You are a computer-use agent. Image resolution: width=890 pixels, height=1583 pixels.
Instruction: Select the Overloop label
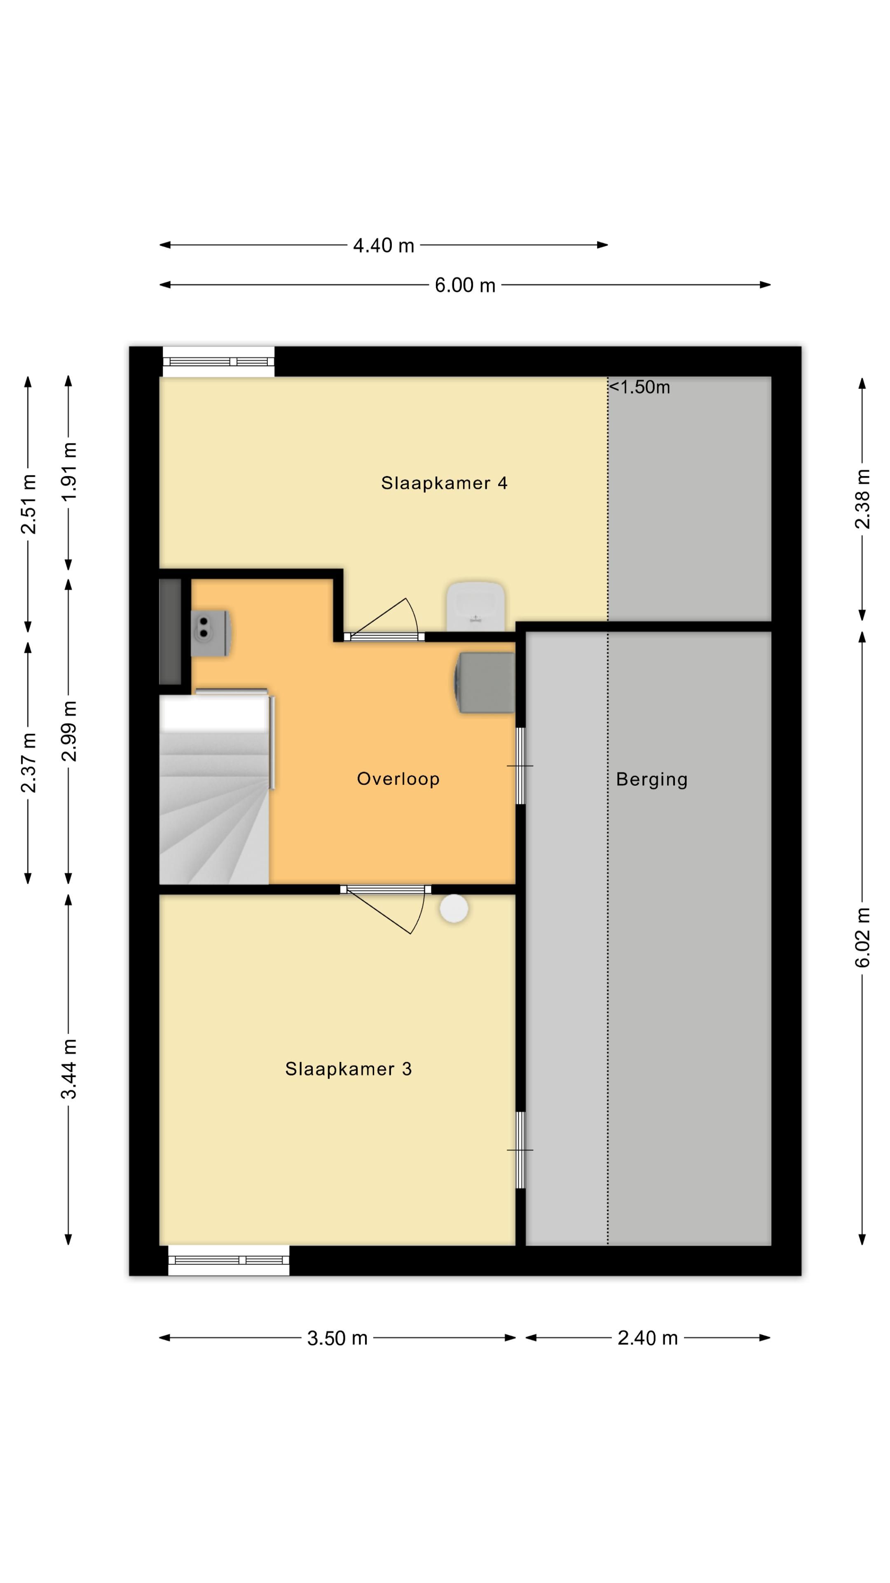click(x=398, y=779)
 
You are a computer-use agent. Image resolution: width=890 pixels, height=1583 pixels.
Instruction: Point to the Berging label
click(x=652, y=779)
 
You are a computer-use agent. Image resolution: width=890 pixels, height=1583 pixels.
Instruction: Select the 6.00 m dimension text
click(x=465, y=285)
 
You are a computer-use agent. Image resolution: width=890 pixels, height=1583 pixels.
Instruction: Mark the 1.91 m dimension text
click(x=69, y=471)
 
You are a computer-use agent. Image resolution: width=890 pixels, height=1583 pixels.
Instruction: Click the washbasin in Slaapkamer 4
click(x=475, y=606)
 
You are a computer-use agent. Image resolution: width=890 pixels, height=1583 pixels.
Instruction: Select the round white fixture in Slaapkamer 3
click(x=454, y=908)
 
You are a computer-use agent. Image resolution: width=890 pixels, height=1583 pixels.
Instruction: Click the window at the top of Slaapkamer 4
click(x=219, y=362)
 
